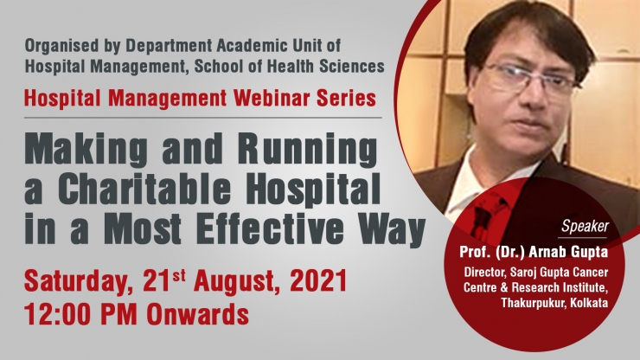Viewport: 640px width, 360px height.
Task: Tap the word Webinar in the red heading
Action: tap(273, 99)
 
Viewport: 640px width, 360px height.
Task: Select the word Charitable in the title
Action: tap(144, 190)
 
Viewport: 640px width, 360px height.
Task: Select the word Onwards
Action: tap(198, 314)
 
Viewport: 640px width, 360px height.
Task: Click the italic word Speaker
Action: tap(585, 227)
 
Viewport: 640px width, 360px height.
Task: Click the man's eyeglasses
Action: tap(529, 78)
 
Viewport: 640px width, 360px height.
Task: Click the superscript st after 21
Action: tap(178, 276)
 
